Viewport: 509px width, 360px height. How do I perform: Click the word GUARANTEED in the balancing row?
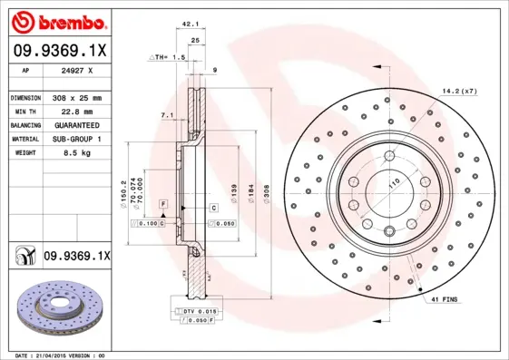[75, 124]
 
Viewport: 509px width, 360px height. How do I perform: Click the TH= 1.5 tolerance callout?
[167, 56]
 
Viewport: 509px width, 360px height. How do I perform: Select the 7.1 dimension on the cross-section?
[165, 116]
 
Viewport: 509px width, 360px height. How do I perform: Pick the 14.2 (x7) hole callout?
[461, 91]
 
